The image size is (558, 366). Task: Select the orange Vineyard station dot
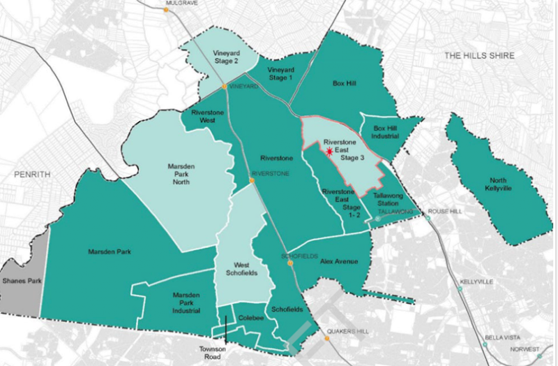[x=224, y=87]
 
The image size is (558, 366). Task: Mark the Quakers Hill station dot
[x=326, y=339]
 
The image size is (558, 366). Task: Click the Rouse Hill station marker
[x=429, y=219]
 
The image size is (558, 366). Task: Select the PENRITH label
[x=27, y=174]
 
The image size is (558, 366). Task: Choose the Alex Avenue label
[x=338, y=261]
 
